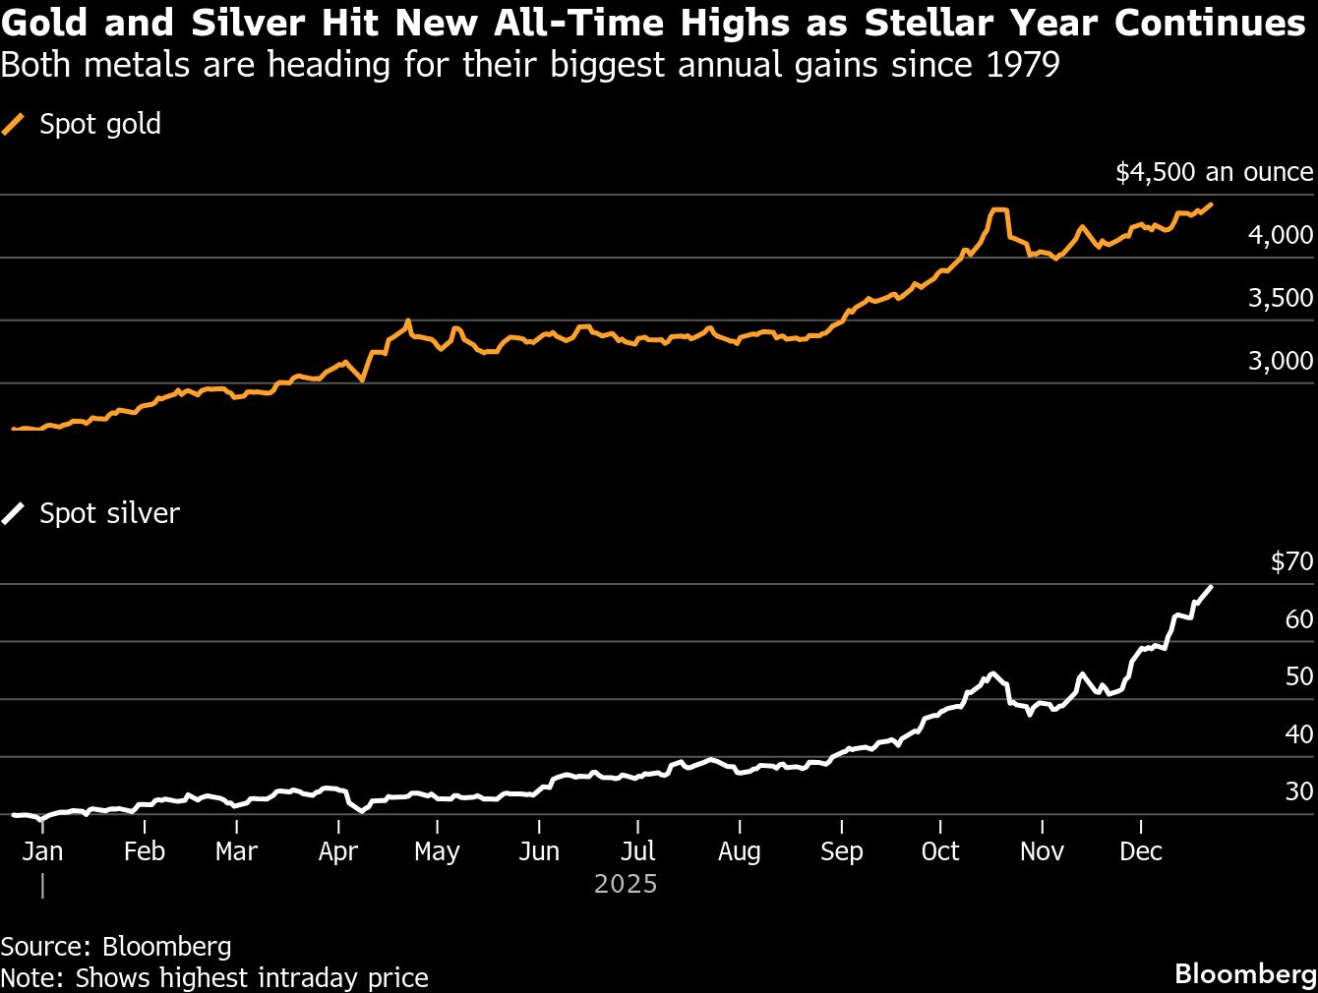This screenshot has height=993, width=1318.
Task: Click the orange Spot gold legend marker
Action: click(x=13, y=124)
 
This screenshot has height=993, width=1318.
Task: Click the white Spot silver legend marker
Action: click(x=13, y=513)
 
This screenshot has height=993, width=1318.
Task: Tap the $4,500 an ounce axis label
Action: click(x=1214, y=172)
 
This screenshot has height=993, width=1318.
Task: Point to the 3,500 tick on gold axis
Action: click(x=1280, y=298)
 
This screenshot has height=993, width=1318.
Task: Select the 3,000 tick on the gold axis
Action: click(x=1280, y=361)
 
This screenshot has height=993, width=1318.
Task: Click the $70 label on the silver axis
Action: click(x=1291, y=561)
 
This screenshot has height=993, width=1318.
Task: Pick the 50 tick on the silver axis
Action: click(x=1298, y=676)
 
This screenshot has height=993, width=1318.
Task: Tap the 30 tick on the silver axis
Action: click(x=1298, y=791)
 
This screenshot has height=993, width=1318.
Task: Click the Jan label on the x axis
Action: click(x=42, y=851)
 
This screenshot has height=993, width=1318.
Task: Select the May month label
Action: click(x=437, y=851)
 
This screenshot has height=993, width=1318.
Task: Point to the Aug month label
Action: click(x=739, y=851)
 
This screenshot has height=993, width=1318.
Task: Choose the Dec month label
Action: click(x=1141, y=851)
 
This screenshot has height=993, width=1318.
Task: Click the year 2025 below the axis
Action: click(x=626, y=884)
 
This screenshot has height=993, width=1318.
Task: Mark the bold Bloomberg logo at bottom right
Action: click(x=1245, y=973)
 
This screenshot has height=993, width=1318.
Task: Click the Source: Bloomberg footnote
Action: click(x=116, y=946)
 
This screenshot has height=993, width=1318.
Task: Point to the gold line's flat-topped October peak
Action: click(x=999, y=209)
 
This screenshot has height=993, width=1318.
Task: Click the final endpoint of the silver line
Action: click(x=1211, y=587)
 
